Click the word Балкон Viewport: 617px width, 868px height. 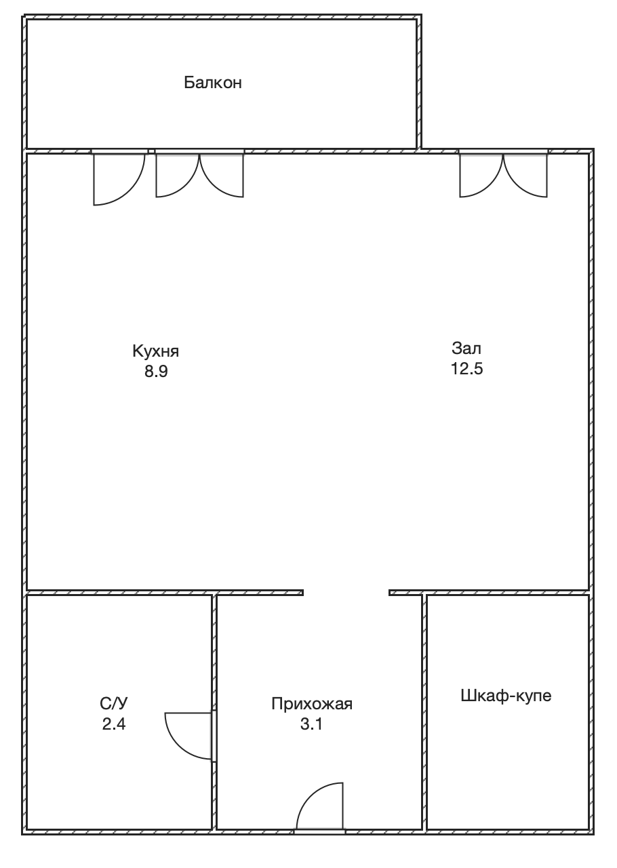[213, 83]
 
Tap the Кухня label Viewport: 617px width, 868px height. [156, 351]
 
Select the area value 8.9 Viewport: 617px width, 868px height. [156, 371]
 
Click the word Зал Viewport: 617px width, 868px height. [466, 348]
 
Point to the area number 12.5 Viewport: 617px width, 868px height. [466, 368]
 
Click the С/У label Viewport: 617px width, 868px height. [113, 703]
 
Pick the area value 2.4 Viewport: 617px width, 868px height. [114, 724]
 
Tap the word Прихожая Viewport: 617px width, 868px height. [312, 704]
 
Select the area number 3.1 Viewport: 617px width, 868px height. [311, 724]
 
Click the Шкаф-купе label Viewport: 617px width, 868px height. [506, 696]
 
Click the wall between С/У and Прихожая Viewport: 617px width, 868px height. [214, 712]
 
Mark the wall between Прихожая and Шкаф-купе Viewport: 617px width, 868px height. [424, 712]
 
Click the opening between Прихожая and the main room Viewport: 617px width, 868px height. [346, 593]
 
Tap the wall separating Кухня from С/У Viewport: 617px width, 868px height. [119, 593]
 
